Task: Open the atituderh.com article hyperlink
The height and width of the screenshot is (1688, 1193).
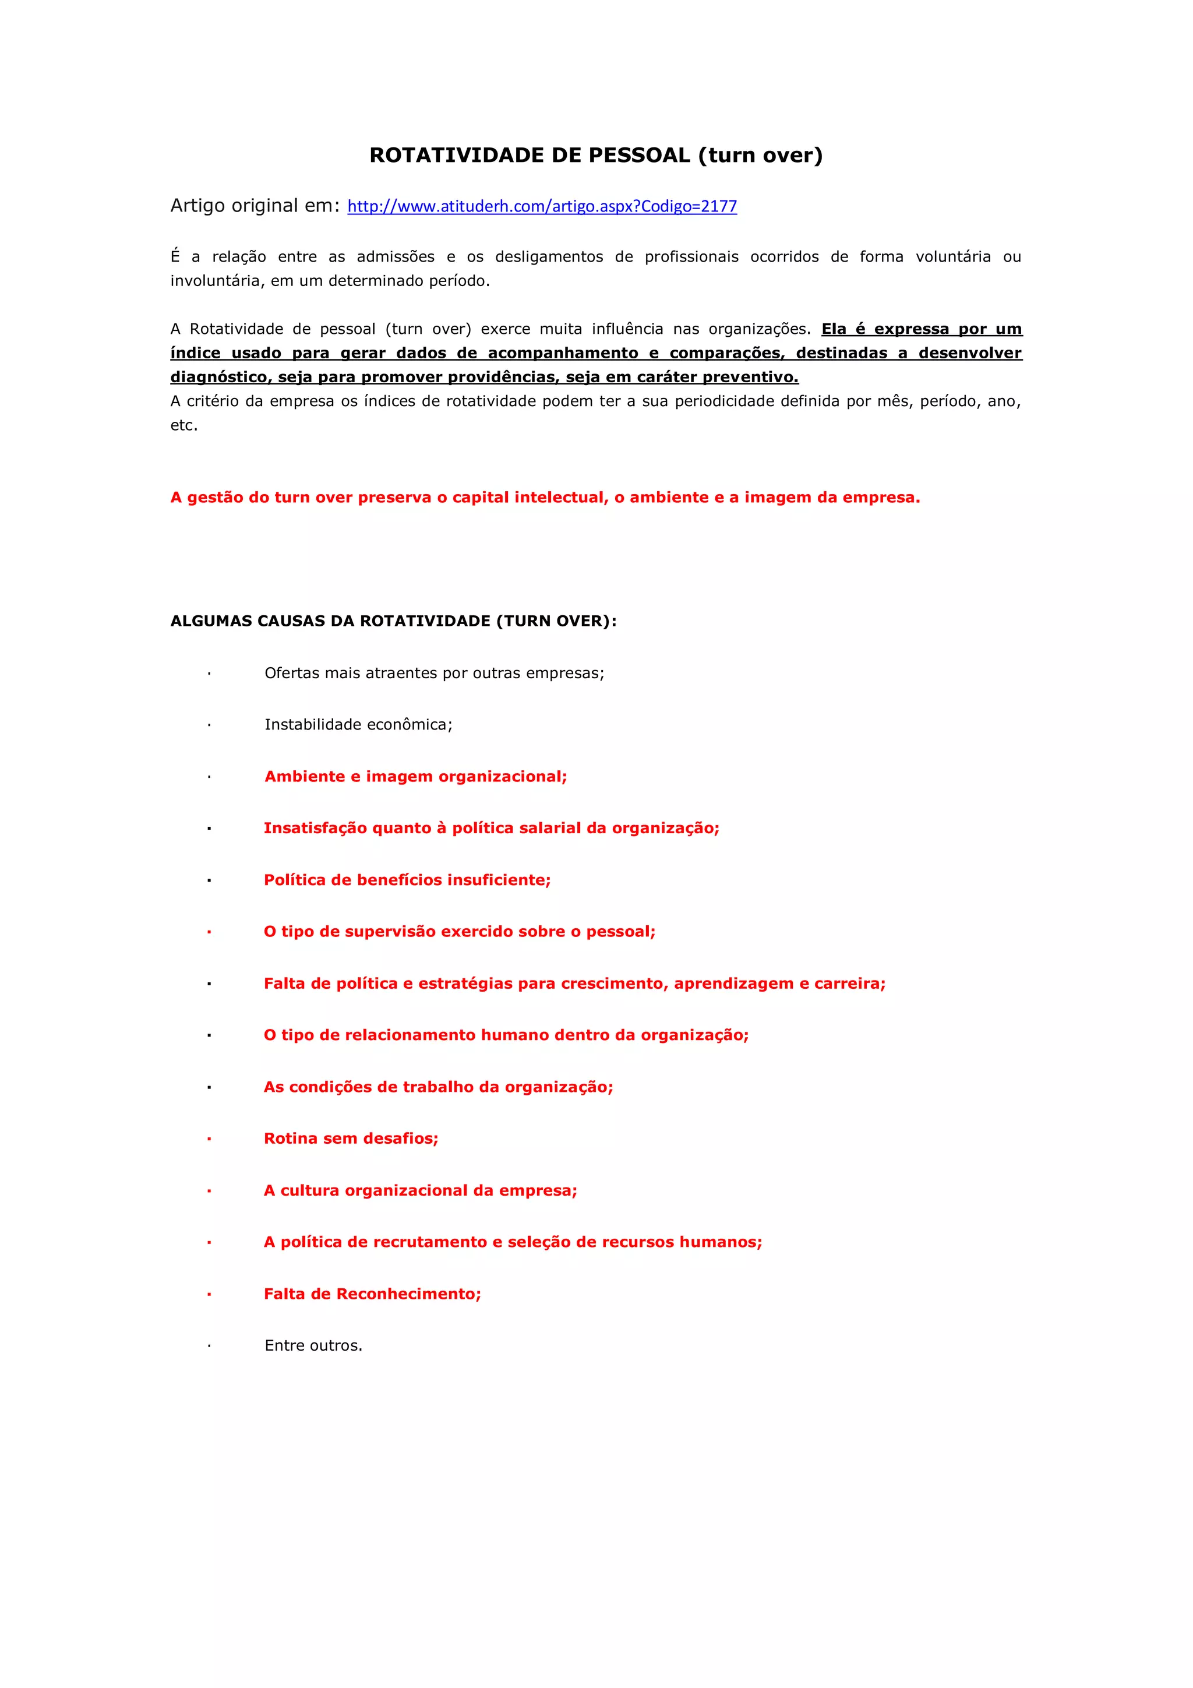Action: point(542,207)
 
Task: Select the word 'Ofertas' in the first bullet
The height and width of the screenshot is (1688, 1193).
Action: point(289,674)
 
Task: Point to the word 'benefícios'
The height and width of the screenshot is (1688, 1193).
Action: point(393,880)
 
